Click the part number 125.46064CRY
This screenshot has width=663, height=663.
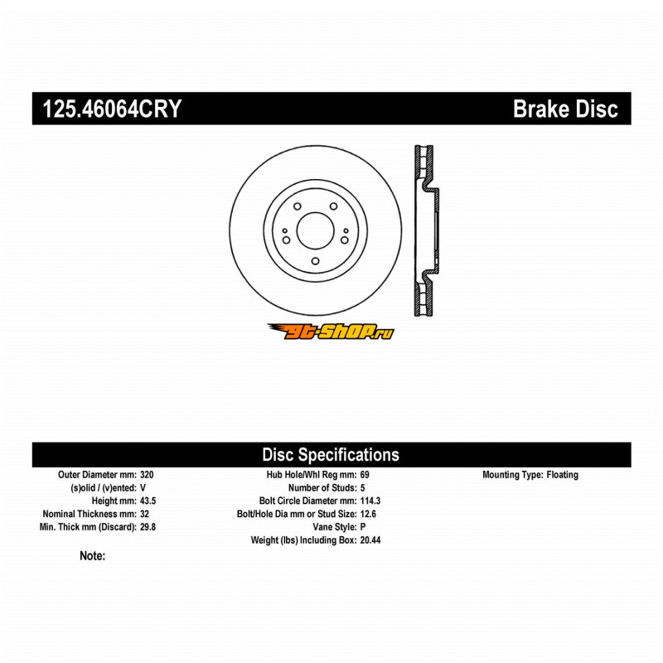pos(107,109)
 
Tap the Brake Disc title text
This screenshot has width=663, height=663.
pos(565,109)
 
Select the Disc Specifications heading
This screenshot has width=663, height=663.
pos(331,454)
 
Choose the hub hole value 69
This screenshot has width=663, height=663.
pos(365,475)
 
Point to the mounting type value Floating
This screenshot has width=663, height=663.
pos(563,475)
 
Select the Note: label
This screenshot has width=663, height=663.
pos(92,557)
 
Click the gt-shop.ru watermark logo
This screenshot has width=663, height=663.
pos(331,331)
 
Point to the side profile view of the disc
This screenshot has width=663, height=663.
pos(425,230)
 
